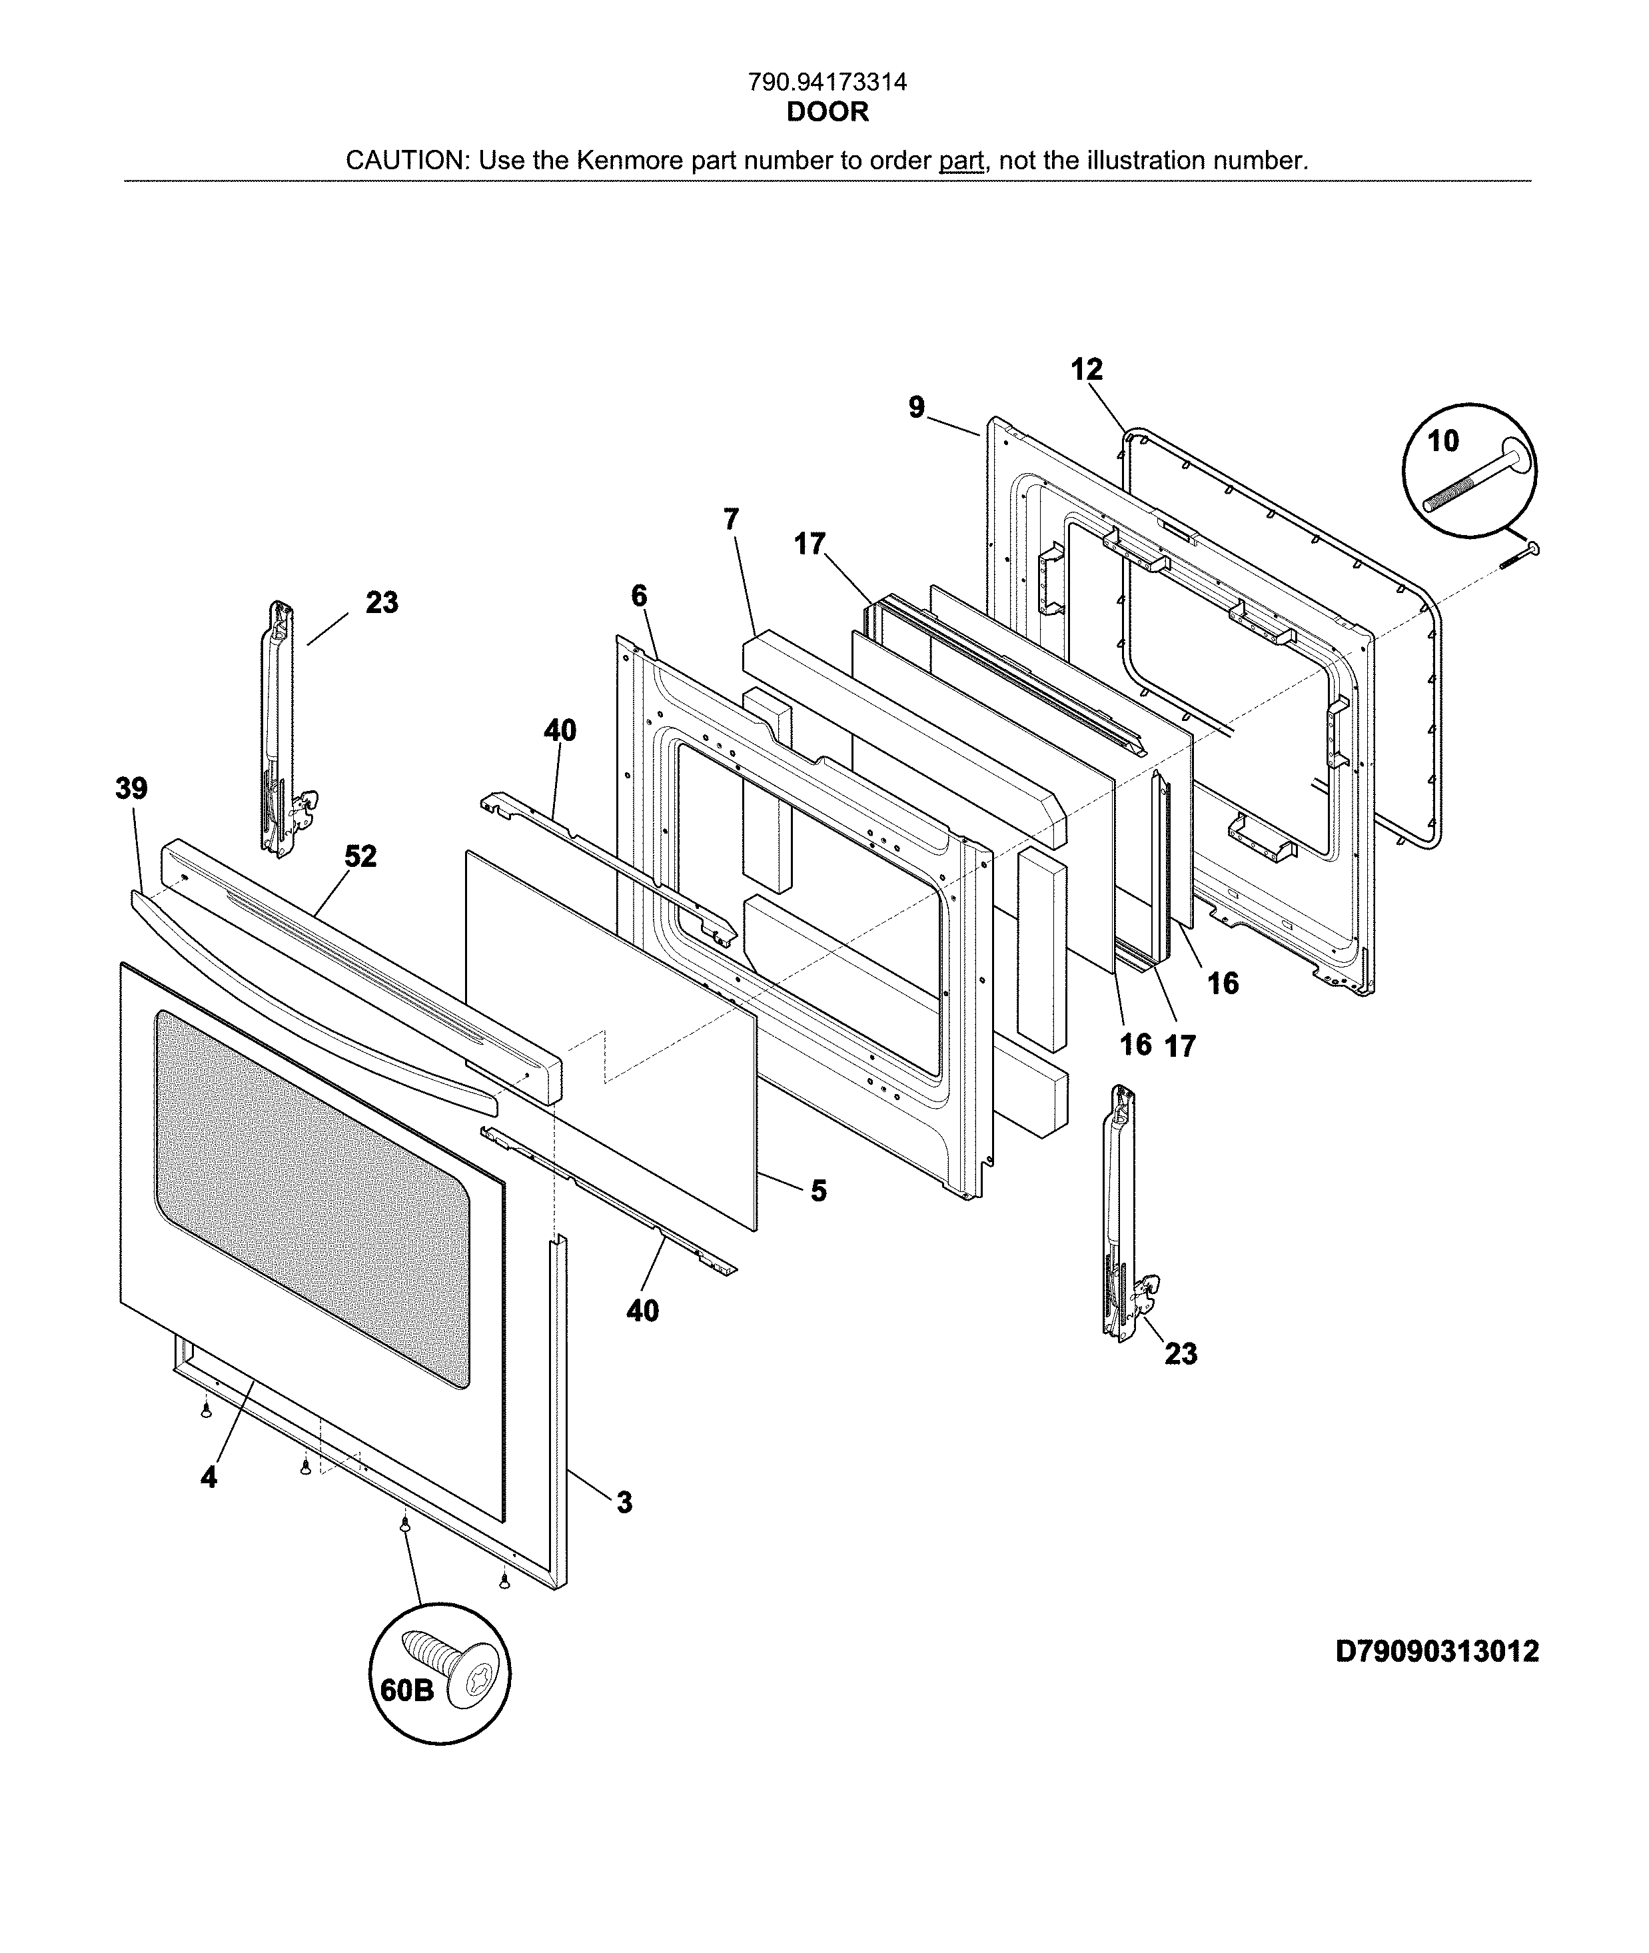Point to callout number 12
[1086, 370]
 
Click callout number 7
[731, 519]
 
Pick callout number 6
[640, 596]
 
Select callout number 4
[209, 1477]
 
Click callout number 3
[624, 1503]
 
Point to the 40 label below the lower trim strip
[642, 1311]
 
